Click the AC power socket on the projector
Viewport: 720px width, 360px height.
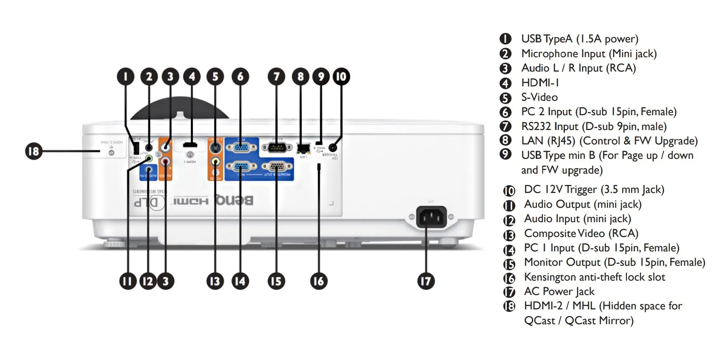[431, 217]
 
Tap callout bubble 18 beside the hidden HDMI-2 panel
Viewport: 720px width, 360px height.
[33, 151]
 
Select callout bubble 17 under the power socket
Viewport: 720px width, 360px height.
[426, 281]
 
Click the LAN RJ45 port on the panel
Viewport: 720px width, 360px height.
[303, 147]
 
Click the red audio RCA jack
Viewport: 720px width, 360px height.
[165, 162]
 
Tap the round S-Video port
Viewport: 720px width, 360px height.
[215, 147]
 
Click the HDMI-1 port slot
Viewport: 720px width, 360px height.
[190, 144]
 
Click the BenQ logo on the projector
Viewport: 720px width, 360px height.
[234, 201]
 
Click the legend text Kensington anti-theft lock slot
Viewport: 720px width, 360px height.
[594, 277]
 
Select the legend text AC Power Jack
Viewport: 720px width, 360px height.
[559, 291]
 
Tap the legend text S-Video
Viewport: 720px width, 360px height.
[539, 97]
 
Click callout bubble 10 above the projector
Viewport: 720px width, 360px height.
[341, 77]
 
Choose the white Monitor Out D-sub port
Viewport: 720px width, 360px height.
[276, 167]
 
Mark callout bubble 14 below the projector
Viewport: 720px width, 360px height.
[240, 281]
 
